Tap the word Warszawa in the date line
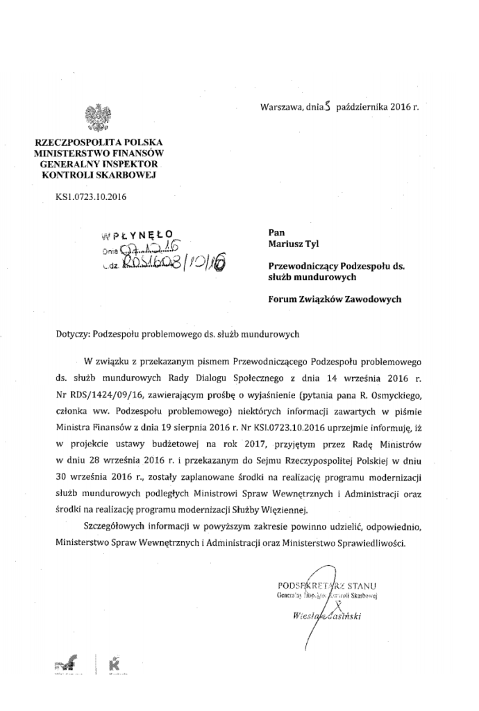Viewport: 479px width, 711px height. (282, 108)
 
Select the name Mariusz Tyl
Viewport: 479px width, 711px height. (292, 244)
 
